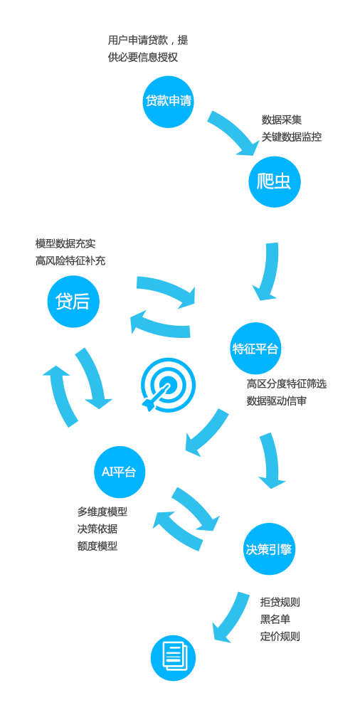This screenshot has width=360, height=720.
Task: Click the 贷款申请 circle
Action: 168,102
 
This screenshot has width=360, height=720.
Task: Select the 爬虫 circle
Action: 275,182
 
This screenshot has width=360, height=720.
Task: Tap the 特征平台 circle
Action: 255,349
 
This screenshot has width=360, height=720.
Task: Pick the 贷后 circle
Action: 73,302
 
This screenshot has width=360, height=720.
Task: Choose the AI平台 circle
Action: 120,472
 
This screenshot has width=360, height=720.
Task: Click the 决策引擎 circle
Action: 269,549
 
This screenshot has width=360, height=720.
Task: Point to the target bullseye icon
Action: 168,385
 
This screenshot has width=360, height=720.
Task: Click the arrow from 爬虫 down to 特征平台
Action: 269,272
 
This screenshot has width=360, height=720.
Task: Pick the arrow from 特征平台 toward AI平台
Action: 207,432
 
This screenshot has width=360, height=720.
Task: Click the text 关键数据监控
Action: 292,137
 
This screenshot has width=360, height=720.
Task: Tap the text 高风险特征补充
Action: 70,261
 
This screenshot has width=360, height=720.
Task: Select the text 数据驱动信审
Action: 277,401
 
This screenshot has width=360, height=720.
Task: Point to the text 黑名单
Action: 275,619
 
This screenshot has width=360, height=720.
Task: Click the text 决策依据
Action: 97,529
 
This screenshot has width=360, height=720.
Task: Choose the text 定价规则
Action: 280,637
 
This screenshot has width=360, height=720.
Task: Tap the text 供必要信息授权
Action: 143,58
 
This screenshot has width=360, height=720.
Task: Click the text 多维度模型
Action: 102,512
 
